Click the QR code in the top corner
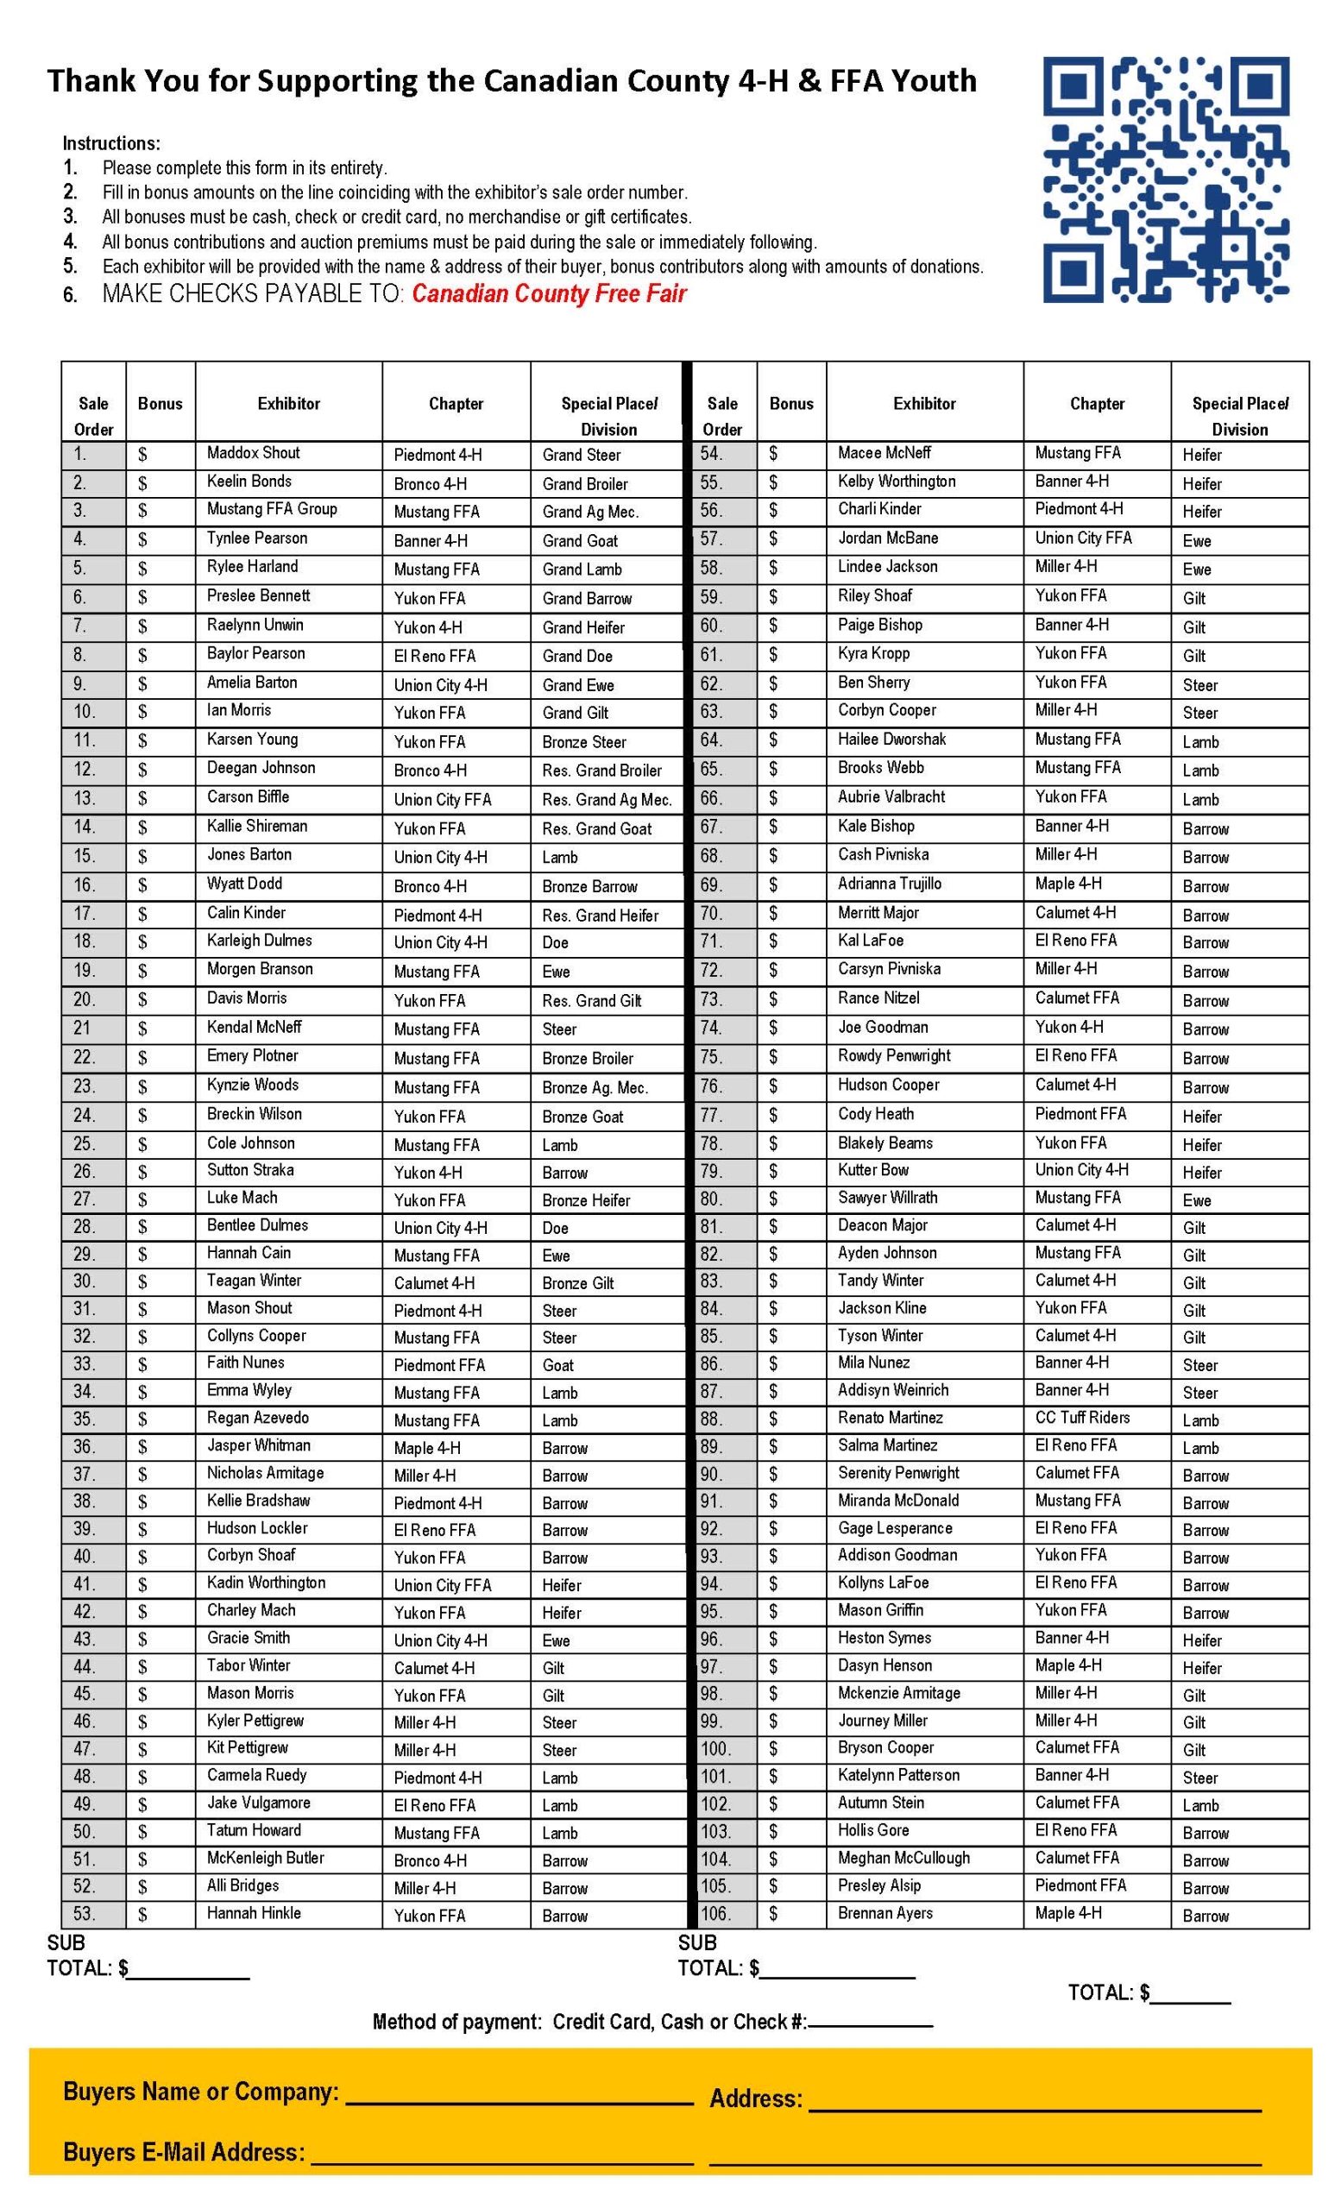[x=1165, y=179]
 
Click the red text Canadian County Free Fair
[x=549, y=294]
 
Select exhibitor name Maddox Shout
[x=253, y=454]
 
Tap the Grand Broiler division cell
[x=584, y=484]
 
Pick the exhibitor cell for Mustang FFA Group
[x=272, y=509]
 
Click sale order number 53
[x=84, y=1914]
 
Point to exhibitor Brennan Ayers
[x=885, y=1913]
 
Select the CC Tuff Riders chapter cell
[x=1082, y=1418]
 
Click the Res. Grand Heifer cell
[x=600, y=916]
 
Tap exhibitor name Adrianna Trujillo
[x=889, y=884]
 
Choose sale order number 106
[x=715, y=1914]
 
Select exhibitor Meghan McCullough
[x=903, y=1858]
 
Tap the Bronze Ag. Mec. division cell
[x=595, y=1087]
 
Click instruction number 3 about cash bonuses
[x=396, y=217]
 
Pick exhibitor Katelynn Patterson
[x=898, y=1775]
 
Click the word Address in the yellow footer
[x=755, y=2099]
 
